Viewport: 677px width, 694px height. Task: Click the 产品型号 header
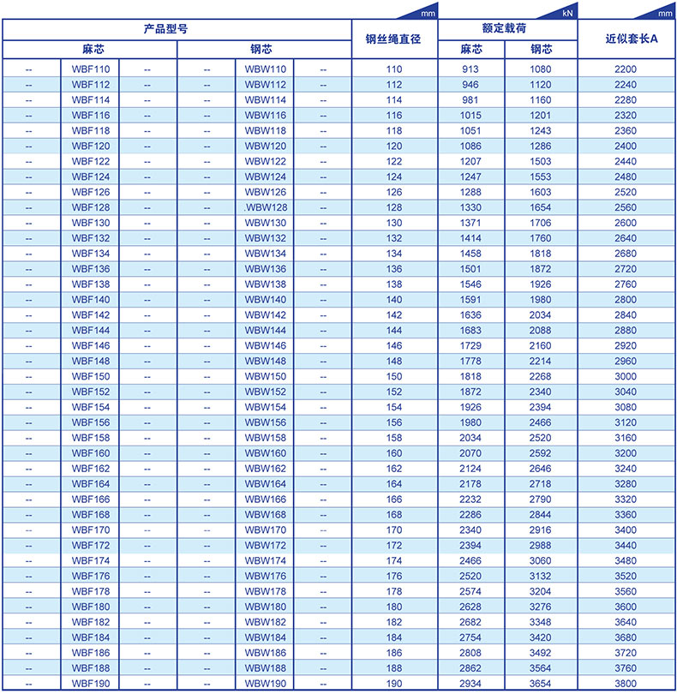click(x=177, y=28)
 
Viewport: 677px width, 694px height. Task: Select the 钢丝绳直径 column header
click(x=393, y=39)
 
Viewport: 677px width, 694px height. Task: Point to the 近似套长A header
click(x=626, y=39)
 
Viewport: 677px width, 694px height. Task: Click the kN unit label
click(x=567, y=14)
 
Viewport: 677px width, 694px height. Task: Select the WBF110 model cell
click(x=90, y=68)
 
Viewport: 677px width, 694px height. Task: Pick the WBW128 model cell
click(x=265, y=207)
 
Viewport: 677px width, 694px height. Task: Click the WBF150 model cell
click(x=90, y=376)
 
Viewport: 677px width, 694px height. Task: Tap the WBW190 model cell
click(x=265, y=683)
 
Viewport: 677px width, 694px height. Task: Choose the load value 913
click(x=470, y=68)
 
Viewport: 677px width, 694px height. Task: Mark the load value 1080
click(x=541, y=68)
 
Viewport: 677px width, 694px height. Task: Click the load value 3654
click(x=541, y=683)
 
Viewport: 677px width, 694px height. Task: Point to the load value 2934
click(x=470, y=683)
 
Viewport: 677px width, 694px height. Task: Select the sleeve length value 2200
click(x=626, y=68)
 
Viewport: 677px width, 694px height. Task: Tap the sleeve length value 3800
click(x=626, y=683)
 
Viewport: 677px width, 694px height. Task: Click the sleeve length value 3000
click(x=626, y=376)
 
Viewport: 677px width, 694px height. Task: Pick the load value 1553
click(x=541, y=176)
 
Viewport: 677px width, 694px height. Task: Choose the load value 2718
click(x=541, y=484)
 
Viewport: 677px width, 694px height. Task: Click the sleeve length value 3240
click(x=626, y=469)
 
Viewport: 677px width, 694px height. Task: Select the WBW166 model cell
click(x=265, y=500)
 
